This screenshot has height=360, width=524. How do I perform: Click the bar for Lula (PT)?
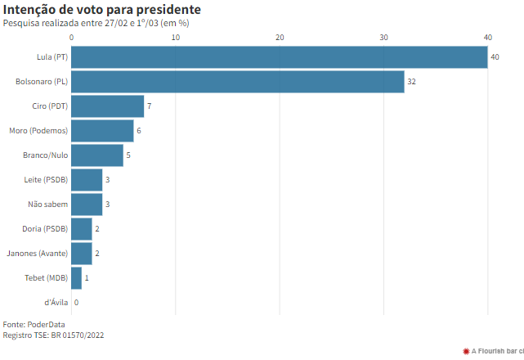(x=280, y=57)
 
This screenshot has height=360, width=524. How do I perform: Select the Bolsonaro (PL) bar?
(x=238, y=82)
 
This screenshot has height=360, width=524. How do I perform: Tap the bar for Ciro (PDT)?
(x=108, y=106)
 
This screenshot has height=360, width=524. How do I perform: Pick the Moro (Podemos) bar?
(x=102, y=131)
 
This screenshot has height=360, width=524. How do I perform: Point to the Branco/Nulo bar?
(x=97, y=155)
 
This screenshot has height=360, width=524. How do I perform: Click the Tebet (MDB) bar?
(x=77, y=278)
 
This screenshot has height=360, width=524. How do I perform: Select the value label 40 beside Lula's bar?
(x=495, y=57)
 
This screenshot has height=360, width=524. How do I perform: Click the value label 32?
(x=412, y=82)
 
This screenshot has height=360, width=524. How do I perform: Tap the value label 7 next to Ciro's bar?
(x=150, y=106)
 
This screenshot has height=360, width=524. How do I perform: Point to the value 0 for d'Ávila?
(x=76, y=303)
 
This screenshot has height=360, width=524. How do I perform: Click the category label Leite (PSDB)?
(x=47, y=180)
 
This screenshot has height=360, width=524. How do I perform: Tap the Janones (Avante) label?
(x=37, y=254)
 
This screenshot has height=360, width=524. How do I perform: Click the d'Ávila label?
(x=56, y=303)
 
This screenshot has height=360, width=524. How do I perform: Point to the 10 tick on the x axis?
(x=176, y=38)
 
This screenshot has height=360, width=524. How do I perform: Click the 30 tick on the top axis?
(x=384, y=38)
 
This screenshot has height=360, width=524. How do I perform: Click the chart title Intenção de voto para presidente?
(x=102, y=10)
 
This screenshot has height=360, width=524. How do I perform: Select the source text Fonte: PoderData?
(x=34, y=324)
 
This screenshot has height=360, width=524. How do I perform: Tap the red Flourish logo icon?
(x=466, y=351)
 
